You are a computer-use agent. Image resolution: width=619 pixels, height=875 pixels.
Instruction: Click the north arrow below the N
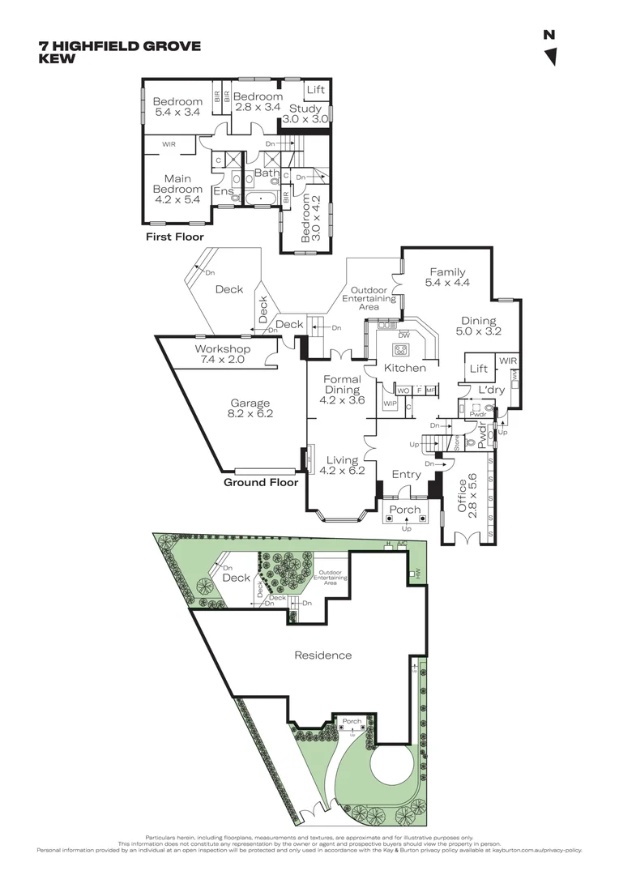pos(551,57)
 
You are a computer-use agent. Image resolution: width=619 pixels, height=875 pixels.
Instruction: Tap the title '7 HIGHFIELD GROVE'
pos(119,46)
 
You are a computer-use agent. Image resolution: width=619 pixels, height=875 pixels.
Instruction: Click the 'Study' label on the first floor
pos(306,109)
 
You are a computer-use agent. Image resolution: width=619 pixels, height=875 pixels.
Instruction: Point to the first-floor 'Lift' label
pos(315,90)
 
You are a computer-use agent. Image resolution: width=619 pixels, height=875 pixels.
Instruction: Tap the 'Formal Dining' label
pos(342,384)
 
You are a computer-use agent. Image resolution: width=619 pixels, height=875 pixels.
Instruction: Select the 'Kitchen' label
pos(405,368)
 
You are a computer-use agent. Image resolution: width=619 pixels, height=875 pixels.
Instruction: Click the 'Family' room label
pos(449,272)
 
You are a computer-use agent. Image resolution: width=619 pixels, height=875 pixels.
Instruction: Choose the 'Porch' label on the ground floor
pos(405,510)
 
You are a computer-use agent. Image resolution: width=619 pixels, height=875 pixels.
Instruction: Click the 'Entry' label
pos(406,475)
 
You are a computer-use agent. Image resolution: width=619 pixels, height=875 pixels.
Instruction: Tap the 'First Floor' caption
pos(175,237)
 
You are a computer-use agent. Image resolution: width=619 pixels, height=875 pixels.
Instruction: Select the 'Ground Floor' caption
pos(261,482)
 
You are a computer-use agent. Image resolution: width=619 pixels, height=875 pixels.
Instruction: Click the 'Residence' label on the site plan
pos(322,655)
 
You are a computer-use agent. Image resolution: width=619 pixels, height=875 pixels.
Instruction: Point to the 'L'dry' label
pos(491,390)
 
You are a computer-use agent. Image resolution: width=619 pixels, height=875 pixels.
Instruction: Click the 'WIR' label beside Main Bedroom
pos(169,144)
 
